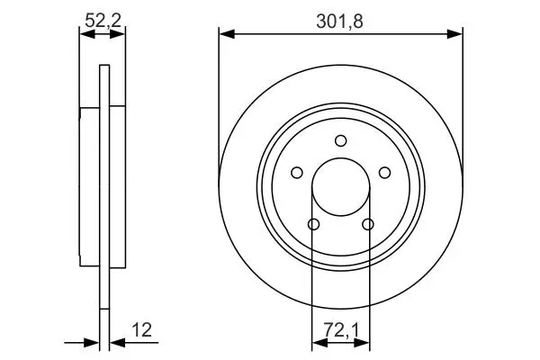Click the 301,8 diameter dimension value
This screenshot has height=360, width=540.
click(x=339, y=22)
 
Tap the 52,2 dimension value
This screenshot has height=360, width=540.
click(x=103, y=21)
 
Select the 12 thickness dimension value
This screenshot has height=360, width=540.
click(x=141, y=330)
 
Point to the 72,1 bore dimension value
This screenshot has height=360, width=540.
click(x=341, y=330)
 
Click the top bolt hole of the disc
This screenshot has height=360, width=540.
click(x=341, y=140)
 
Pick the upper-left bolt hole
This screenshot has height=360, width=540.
click(x=297, y=173)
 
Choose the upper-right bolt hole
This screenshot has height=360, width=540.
click(x=384, y=173)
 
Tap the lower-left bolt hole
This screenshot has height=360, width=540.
click(x=313, y=224)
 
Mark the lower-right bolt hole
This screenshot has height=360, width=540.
click(x=368, y=224)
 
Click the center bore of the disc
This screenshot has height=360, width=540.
click(x=341, y=187)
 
